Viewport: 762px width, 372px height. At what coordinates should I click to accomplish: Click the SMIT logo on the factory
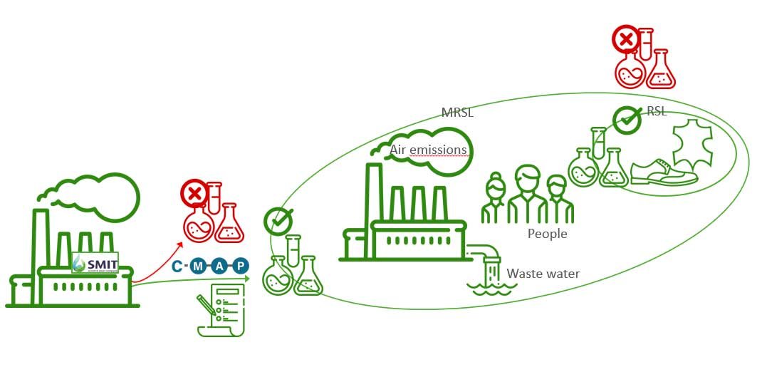click(x=95, y=262)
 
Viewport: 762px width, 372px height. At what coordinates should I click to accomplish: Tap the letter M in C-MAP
click(x=199, y=267)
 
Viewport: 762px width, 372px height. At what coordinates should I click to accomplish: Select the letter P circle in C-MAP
click(x=242, y=267)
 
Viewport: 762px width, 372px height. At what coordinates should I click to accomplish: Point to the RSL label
click(x=657, y=112)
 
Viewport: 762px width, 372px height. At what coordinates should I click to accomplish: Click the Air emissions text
click(x=428, y=150)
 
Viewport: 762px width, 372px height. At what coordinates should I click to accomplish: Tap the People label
click(x=547, y=233)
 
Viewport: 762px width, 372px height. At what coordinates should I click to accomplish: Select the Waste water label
click(x=543, y=274)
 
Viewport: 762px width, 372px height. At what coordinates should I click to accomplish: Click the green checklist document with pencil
click(x=219, y=311)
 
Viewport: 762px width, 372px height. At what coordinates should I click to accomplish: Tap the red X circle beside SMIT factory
click(x=193, y=193)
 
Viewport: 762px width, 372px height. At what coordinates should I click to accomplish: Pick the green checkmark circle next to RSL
click(x=627, y=119)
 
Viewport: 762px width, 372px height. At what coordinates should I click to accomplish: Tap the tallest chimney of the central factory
click(x=373, y=192)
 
